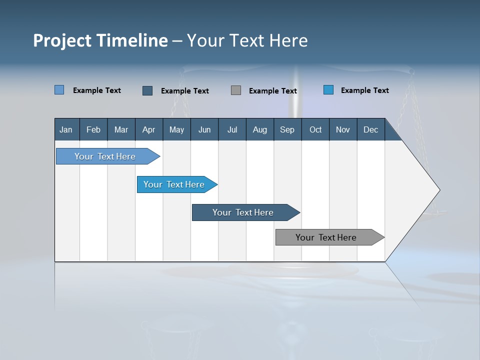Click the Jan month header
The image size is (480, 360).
click(x=66, y=130)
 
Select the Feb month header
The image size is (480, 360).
click(x=93, y=130)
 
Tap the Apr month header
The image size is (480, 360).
click(x=148, y=130)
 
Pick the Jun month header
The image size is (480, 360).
click(x=204, y=130)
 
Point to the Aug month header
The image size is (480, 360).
click(x=260, y=130)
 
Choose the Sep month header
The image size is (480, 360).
click(x=287, y=130)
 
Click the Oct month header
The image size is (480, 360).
click(x=315, y=130)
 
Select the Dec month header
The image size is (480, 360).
click(x=370, y=130)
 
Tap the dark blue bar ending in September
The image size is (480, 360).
click(x=243, y=212)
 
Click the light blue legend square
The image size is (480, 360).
click(x=59, y=90)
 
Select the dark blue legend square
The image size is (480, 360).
click(x=147, y=90)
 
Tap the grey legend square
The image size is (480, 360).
click(x=236, y=90)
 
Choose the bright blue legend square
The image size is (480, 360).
click(x=328, y=90)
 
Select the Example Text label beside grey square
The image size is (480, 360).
click(x=272, y=91)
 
